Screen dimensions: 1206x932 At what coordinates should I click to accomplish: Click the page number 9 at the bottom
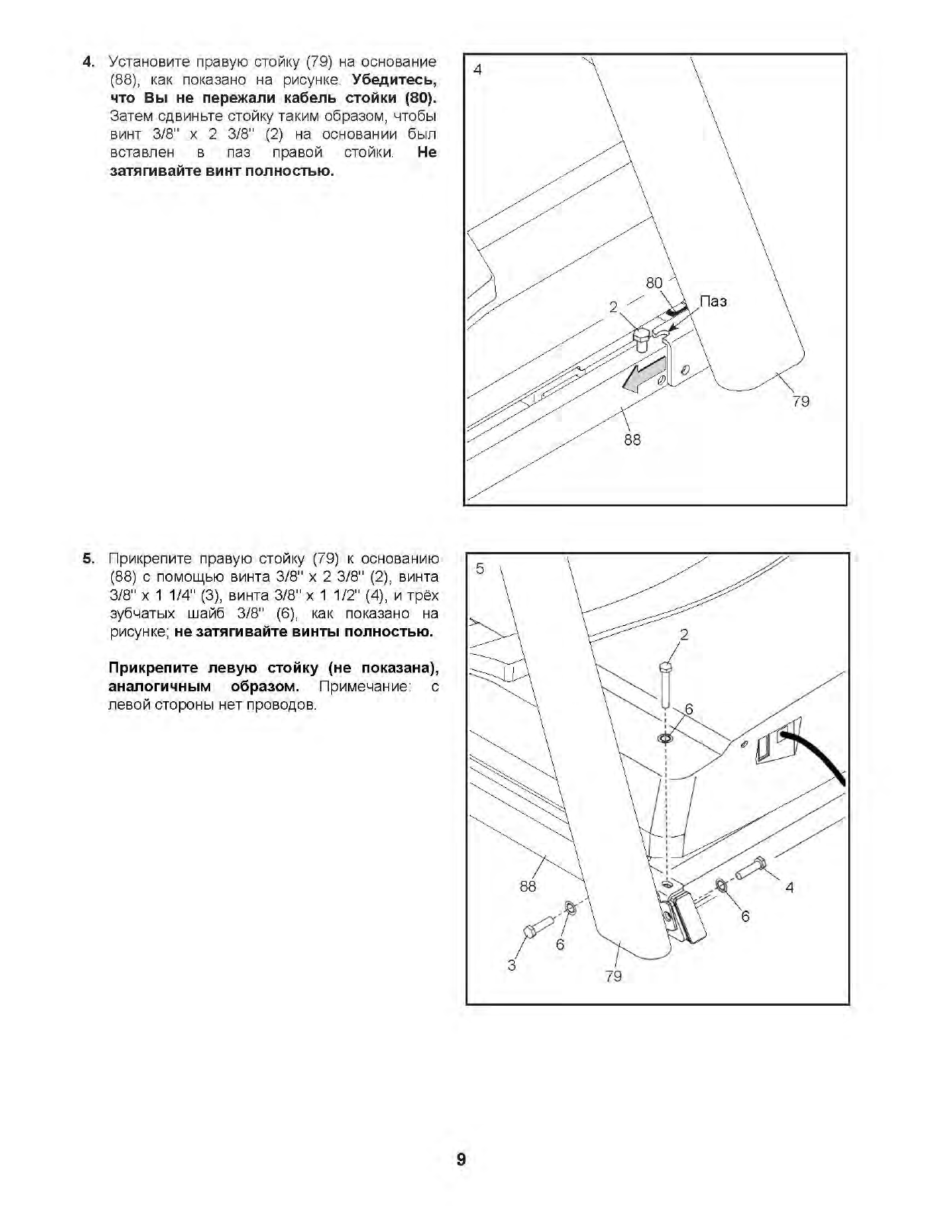coord(461,1160)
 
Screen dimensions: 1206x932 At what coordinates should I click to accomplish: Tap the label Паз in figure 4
coord(713,301)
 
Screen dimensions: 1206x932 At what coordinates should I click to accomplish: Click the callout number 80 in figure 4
coord(654,283)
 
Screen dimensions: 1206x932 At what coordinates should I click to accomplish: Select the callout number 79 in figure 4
coord(801,400)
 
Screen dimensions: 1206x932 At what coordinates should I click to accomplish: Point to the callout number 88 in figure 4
coord(632,439)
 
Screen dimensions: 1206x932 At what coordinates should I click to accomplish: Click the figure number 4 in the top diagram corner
coord(477,69)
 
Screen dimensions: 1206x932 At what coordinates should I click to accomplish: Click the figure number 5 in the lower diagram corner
coord(480,568)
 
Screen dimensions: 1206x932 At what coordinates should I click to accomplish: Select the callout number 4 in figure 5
coord(790,887)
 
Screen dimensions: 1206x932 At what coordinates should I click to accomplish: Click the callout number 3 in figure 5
coord(512,965)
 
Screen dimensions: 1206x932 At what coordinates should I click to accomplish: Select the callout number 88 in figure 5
coord(528,885)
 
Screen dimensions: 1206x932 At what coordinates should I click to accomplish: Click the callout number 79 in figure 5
coord(613,976)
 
